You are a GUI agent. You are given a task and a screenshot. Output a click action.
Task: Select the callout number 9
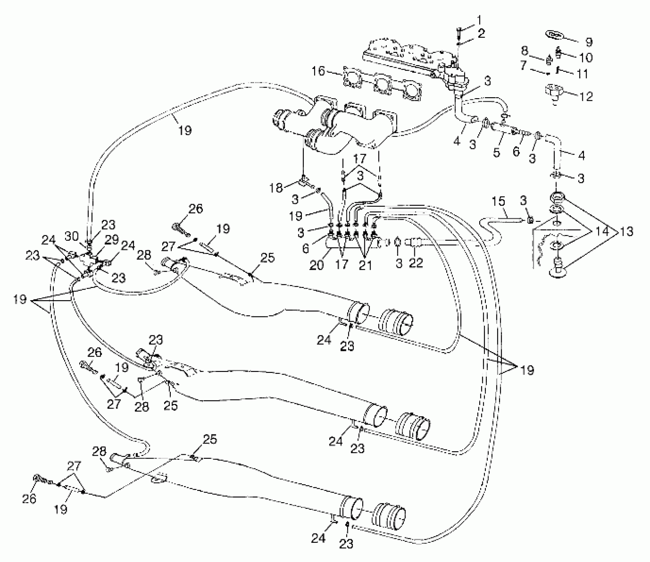pyautogui.click(x=589, y=42)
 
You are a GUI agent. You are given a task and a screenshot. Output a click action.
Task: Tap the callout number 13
pyautogui.click(x=626, y=231)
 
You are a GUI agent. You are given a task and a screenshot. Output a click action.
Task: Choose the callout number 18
pyautogui.click(x=276, y=188)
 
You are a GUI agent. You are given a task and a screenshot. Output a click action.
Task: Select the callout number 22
pyautogui.click(x=416, y=263)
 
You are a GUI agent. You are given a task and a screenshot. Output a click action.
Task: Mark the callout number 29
pyautogui.click(x=112, y=240)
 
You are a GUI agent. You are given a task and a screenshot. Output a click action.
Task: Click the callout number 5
pyautogui.click(x=496, y=153)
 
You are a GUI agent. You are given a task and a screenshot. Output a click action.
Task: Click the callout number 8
pyautogui.click(x=525, y=51)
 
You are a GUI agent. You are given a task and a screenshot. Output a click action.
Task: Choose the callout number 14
pyautogui.click(x=602, y=231)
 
